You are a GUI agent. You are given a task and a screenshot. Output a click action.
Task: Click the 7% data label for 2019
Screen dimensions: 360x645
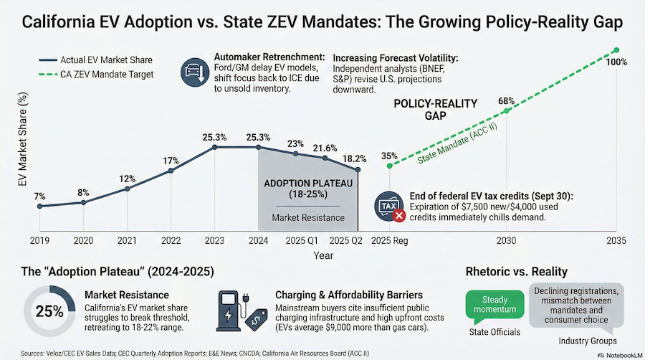[x=39, y=196]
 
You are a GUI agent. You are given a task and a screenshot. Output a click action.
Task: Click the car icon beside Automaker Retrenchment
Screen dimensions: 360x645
[x=193, y=72]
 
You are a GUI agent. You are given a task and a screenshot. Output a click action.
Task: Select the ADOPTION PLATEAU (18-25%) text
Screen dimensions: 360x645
[x=308, y=189]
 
